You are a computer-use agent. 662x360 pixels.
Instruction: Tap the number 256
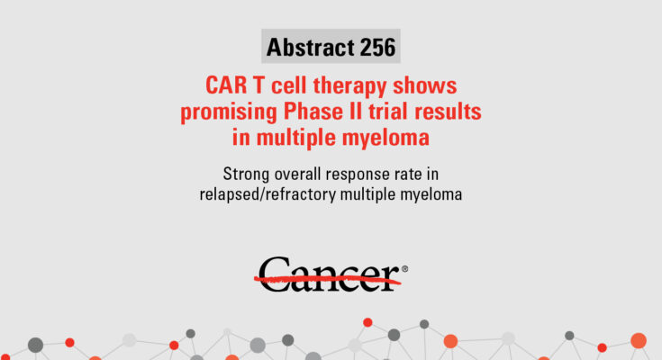[x=378, y=47]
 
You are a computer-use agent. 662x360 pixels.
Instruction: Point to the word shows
[x=425, y=85]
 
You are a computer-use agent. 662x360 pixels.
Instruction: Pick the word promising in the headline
[x=229, y=112]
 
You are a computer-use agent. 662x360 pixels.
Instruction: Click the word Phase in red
[x=311, y=112]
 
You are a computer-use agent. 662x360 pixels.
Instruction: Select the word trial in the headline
[x=387, y=112]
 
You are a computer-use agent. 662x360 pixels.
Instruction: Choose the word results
[x=448, y=112]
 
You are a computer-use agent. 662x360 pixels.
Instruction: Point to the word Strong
[x=246, y=175]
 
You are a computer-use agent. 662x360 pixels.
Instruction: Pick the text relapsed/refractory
[x=268, y=195]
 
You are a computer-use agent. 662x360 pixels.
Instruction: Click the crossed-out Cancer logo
[x=331, y=274]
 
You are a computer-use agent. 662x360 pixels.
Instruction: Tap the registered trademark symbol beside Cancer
[x=404, y=269]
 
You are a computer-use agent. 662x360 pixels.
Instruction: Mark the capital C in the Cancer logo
[x=274, y=274]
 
